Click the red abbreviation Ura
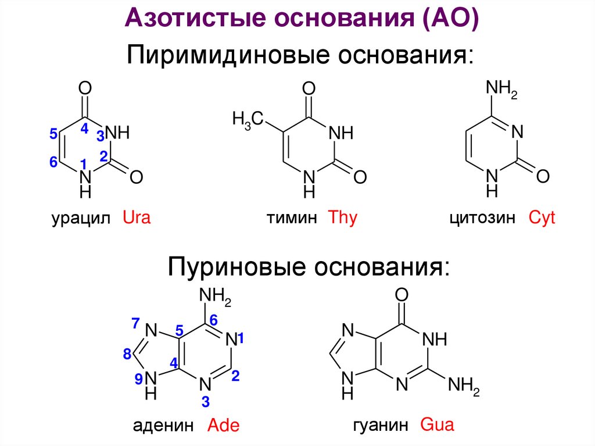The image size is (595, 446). [137, 219]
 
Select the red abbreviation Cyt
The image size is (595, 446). [542, 219]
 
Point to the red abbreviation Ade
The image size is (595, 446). [224, 425]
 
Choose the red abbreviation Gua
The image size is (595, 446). [436, 424]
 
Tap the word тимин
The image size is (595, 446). [292, 219]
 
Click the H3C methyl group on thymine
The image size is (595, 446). [248, 120]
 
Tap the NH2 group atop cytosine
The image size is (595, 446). [501, 90]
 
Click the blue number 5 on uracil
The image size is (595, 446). [53, 134]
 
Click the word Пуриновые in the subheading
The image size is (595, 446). [237, 267]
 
